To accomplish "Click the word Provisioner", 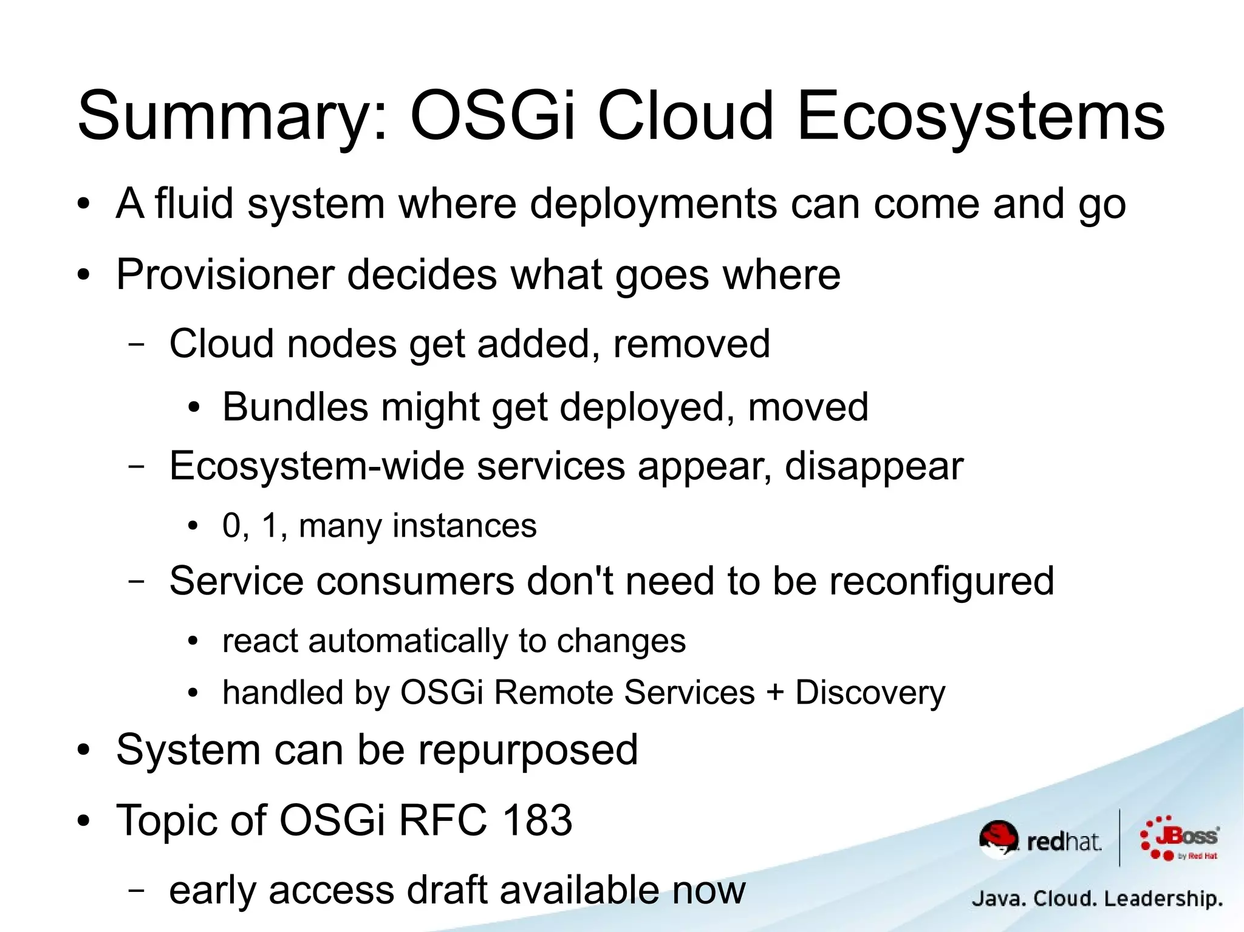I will [225, 275].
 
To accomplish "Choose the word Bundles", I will [295, 407].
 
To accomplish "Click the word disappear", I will [873, 467].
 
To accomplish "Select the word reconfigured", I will [942, 582].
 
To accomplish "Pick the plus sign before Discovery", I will [775, 693].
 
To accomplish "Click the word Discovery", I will [870, 693].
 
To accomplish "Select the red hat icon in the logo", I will [998, 837].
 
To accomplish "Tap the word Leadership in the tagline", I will [1163, 899].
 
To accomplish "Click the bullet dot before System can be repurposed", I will [83, 751].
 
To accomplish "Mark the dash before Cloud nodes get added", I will [137, 344].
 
